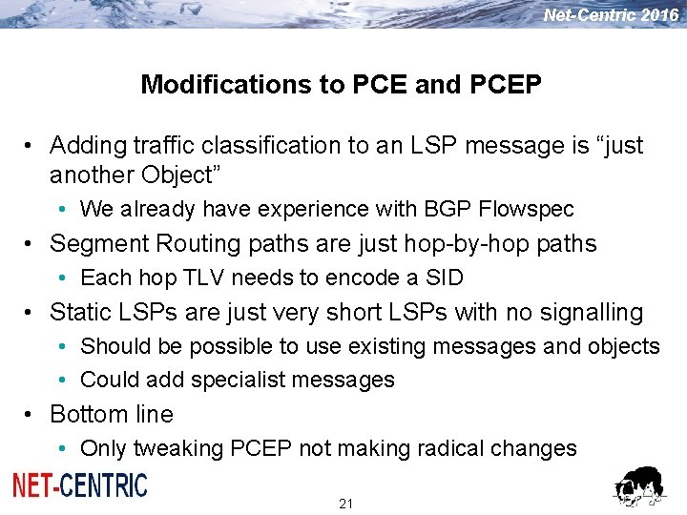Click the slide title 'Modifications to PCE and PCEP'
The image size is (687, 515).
341,84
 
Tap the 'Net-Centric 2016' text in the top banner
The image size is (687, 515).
611,14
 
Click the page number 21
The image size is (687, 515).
345,503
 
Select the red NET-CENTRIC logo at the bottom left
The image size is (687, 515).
80,485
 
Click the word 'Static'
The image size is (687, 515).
78,312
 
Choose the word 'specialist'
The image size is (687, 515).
234,380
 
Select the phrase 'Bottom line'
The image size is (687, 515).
112,414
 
